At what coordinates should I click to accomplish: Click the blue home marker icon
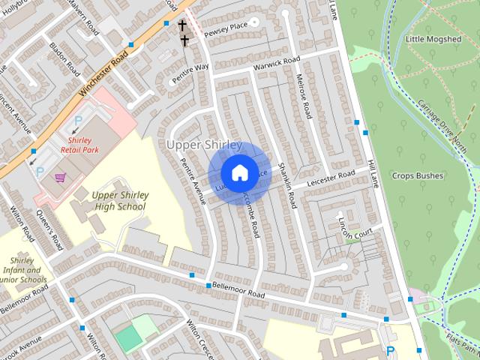[x=239, y=172]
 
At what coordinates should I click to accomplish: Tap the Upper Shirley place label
[x=204, y=145]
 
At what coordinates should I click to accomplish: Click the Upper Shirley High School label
[x=119, y=201]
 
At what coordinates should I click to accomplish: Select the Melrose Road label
[x=303, y=99]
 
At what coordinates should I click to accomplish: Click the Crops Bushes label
[x=417, y=176]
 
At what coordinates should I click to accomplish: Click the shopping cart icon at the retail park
[x=61, y=178]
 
